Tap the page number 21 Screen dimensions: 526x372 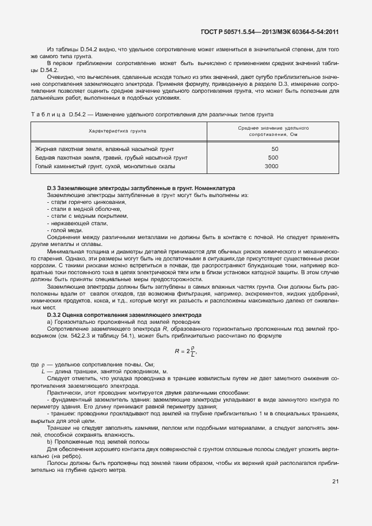pyautogui.click(x=336, y=482)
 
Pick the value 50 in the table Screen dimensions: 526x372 pyautogui.click(x=275, y=149)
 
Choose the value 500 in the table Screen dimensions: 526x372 pyautogui.click(x=274, y=157)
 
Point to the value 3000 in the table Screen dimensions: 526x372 pyautogui.click(x=271, y=166)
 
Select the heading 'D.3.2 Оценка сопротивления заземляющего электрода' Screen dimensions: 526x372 pyautogui.click(x=124, y=315)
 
